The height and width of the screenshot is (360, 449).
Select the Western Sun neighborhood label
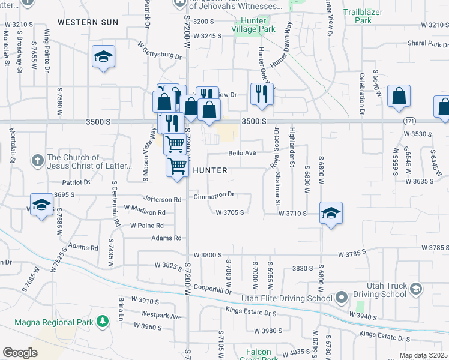(x=88, y=22)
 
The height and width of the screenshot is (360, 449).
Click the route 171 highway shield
(x=409, y=121)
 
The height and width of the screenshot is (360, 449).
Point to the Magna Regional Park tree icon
(x=103, y=322)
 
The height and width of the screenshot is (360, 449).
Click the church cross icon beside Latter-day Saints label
(x=37, y=160)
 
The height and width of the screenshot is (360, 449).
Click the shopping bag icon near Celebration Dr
(x=399, y=97)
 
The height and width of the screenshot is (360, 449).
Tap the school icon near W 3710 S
(x=330, y=213)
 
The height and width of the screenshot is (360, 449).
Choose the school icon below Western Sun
(x=103, y=56)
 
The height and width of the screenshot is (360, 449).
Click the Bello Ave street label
(x=242, y=153)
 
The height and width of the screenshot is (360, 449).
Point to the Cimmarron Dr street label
(x=214, y=195)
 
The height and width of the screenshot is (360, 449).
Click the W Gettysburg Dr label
(x=160, y=50)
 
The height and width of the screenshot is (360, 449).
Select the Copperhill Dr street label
(x=212, y=290)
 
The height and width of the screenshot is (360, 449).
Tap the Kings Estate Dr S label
(x=251, y=311)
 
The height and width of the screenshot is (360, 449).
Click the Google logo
(x=20, y=352)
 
